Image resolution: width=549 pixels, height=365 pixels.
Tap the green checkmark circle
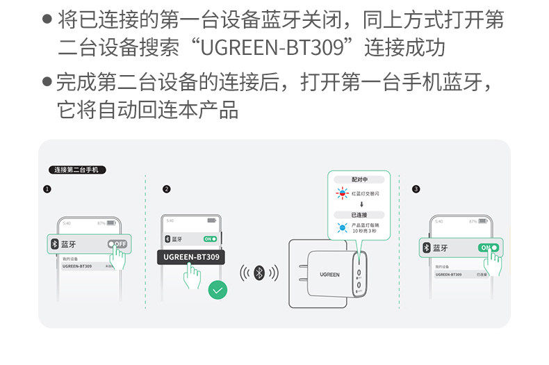218,290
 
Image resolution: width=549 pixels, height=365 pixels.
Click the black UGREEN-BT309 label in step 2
191,257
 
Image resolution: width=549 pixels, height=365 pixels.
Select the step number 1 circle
47,189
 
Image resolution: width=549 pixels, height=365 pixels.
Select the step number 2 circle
166,189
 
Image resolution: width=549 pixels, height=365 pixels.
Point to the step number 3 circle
416,189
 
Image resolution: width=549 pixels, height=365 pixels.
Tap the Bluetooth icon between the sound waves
259,273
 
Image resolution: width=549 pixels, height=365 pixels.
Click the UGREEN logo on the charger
330,275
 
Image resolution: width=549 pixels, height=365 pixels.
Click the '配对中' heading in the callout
359,179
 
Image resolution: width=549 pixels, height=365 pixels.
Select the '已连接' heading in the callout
359,215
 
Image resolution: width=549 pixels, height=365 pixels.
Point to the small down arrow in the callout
360,204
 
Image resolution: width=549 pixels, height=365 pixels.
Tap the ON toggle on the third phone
488,248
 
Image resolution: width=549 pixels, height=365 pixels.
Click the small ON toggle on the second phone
210,238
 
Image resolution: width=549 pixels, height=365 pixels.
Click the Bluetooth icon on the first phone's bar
55,244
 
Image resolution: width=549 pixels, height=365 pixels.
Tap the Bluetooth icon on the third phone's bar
426,248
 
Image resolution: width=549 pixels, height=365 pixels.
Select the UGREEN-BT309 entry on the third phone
448,275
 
